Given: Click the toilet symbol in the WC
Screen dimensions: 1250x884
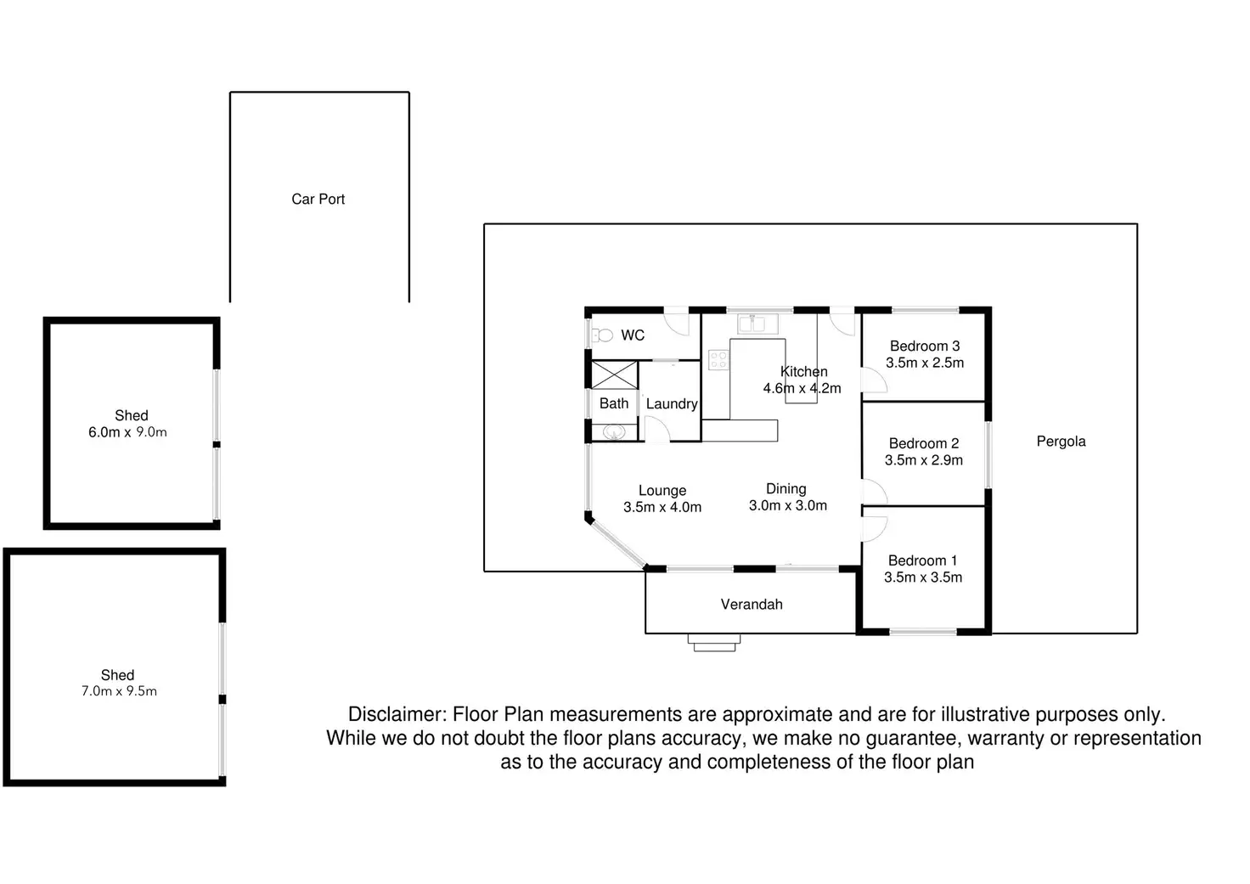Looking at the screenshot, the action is pos(603,335).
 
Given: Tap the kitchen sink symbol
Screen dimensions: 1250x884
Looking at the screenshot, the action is pos(752,323).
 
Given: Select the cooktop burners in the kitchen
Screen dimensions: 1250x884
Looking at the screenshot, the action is pos(718,360).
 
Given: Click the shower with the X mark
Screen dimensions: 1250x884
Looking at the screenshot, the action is pos(614,374).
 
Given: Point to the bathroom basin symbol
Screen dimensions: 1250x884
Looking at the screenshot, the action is pos(613,432).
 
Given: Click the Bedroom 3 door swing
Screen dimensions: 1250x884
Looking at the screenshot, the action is pos(874,381).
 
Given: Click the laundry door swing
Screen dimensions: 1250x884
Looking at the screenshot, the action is pos(656,429).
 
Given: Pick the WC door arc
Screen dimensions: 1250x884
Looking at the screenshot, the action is pos(677,324).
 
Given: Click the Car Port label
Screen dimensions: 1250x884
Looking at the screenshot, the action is pos(318,199).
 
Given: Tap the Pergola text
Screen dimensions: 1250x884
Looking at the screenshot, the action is pos(1061,441).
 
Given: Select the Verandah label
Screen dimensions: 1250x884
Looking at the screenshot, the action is pos(752,604).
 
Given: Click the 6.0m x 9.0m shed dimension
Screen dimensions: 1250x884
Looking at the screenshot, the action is pos(127,432).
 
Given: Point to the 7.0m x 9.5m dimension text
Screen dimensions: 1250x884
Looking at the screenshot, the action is pos(119,691).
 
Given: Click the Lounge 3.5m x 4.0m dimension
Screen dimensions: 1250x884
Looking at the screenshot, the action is pos(662,507).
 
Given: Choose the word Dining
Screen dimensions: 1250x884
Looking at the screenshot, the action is pos(785,488).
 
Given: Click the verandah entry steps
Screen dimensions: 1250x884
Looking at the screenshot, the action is pos(714,643).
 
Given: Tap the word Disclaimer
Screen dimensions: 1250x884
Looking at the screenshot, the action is pos(396,715).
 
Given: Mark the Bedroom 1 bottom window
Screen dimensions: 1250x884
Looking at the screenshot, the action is pos(923,631).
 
